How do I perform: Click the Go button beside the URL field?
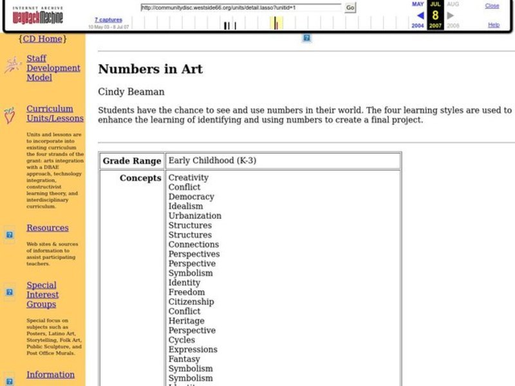[x=350, y=8]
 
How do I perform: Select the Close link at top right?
[x=492, y=6]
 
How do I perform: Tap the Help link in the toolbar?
[x=494, y=25]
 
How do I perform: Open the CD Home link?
[x=42, y=39]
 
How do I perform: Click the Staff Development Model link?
[x=53, y=68]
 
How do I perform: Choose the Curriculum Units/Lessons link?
[x=55, y=113]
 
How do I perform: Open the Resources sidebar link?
[x=47, y=228]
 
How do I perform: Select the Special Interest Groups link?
[x=42, y=295]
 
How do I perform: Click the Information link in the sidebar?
[x=50, y=374]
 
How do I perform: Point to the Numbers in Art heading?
[x=150, y=69]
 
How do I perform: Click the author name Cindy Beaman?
[x=131, y=92]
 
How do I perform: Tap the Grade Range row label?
[x=132, y=161]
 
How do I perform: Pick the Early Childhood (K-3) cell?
[x=212, y=161]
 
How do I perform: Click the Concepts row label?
[x=140, y=178]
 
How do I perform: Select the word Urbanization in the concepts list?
[x=194, y=216]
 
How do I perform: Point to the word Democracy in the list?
[x=191, y=197]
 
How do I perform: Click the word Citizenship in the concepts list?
[x=191, y=302]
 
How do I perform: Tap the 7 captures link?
[x=108, y=20]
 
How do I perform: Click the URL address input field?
[x=241, y=8]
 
